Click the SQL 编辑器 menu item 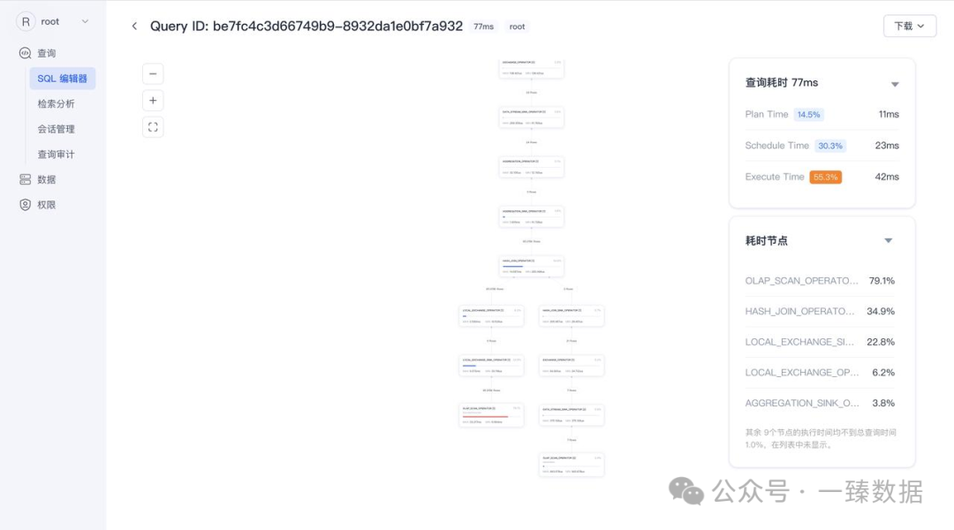pyautogui.click(x=62, y=79)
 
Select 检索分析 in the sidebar pyautogui.click(x=56, y=103)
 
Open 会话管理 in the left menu pyautogui.click(x=56, y=129)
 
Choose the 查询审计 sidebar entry pyautogui.click(x=56, y=155)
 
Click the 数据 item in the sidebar pyautogui.click(x=46, y=179)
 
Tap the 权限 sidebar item pyautogui.click(x=46, y=205)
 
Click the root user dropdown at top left pyautogui.click(x=54, y=21)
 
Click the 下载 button pyautogui.click(x=909, y=26)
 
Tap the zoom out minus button pyautogui.click(x=153, y=74)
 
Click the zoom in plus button pyautogui.click(x=153, y=101)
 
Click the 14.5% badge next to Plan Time pyautogui.click(x=808, y=115)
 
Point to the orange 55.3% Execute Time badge pyautogui.click(x=825, y=177)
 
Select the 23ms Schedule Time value pyautogui.click(x=887, y=146)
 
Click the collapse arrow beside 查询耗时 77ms pyautogui.click(x=895, y=84)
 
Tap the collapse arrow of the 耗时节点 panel pyautogui.click(x=889, y=240)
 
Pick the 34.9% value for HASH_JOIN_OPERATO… pyautogui.click(x=881, y=311)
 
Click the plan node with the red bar pyautogui.click(x=491, y=415)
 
